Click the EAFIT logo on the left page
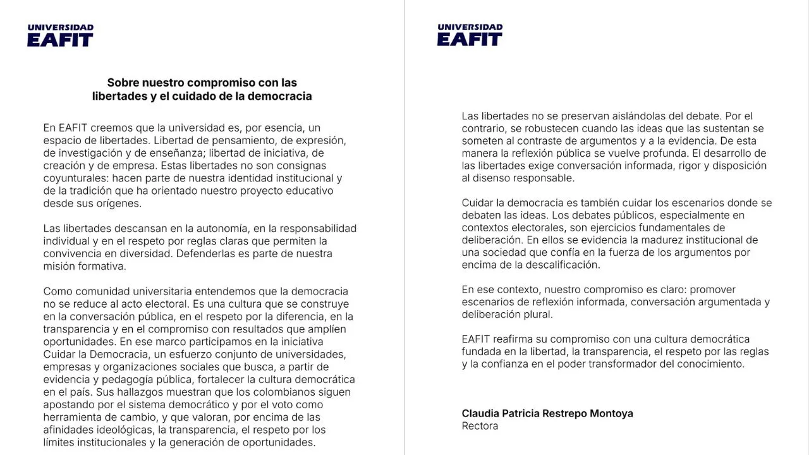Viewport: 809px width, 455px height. tap(60, 35)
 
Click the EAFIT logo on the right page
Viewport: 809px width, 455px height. tap(470, 35)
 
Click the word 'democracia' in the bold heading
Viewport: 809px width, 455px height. tap(281, 97)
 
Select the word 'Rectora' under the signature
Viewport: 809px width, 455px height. tap(480, 426)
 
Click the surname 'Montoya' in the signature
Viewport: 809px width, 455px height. tap(611, 413)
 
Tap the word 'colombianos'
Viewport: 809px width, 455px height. tap(263, 392)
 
